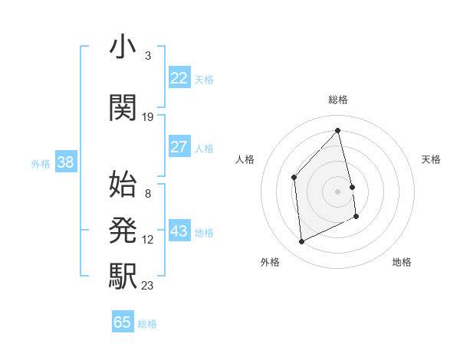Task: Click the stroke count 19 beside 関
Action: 148,116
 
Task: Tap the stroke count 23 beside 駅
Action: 148,286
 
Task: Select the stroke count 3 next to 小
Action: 147,56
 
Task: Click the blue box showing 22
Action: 179,78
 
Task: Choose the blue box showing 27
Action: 179,147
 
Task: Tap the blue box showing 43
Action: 179,231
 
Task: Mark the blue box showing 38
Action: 65,162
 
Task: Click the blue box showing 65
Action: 123,322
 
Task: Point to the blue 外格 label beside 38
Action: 41,163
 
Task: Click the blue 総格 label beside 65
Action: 147,324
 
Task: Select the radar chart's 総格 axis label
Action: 338,100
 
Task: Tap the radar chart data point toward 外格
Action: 301,242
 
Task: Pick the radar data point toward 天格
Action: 352,186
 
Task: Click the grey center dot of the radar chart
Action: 338,191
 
